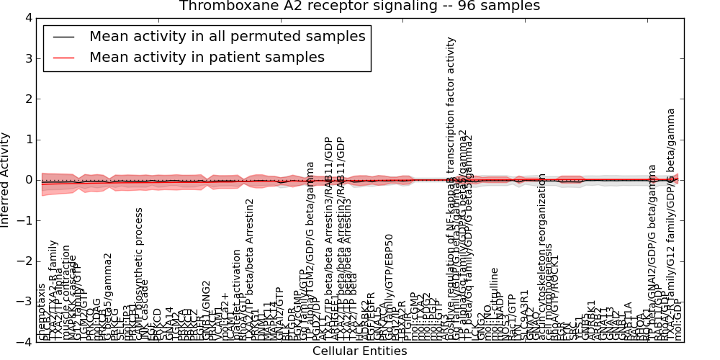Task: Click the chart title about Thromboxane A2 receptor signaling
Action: click(359, 6)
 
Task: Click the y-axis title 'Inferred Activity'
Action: click(6, 180)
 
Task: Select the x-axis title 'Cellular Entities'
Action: click(359, 351)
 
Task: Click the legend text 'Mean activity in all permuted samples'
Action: click(227, 37)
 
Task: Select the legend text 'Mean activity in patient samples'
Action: click(207, 58)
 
